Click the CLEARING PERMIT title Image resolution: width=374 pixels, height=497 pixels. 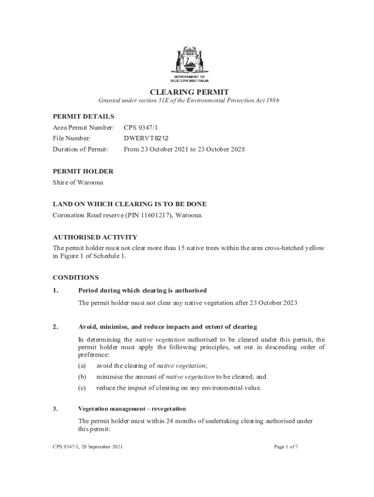[x=189, y=92]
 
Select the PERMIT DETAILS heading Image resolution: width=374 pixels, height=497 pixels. [x=83, y=116]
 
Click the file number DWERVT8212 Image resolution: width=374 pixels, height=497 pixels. [x=146, y=138]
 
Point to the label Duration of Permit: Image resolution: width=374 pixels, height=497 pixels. [x=80, y=149]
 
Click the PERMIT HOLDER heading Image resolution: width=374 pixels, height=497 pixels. [x=83, y=171]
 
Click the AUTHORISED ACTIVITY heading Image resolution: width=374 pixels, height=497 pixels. [x=95, y=237]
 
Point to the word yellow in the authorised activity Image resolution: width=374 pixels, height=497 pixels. [x=314, y=248]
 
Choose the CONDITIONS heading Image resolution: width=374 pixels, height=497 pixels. [x=75, y=278]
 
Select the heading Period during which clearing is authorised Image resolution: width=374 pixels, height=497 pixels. [x=142, y=290]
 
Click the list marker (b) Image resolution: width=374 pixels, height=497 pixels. [x=82, y=377]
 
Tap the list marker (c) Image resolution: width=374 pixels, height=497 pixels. [x=82, y=388]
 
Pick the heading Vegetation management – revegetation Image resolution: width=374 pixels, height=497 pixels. [x=132, y=409]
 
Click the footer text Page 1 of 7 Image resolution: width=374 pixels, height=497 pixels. [x=286, y=447]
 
